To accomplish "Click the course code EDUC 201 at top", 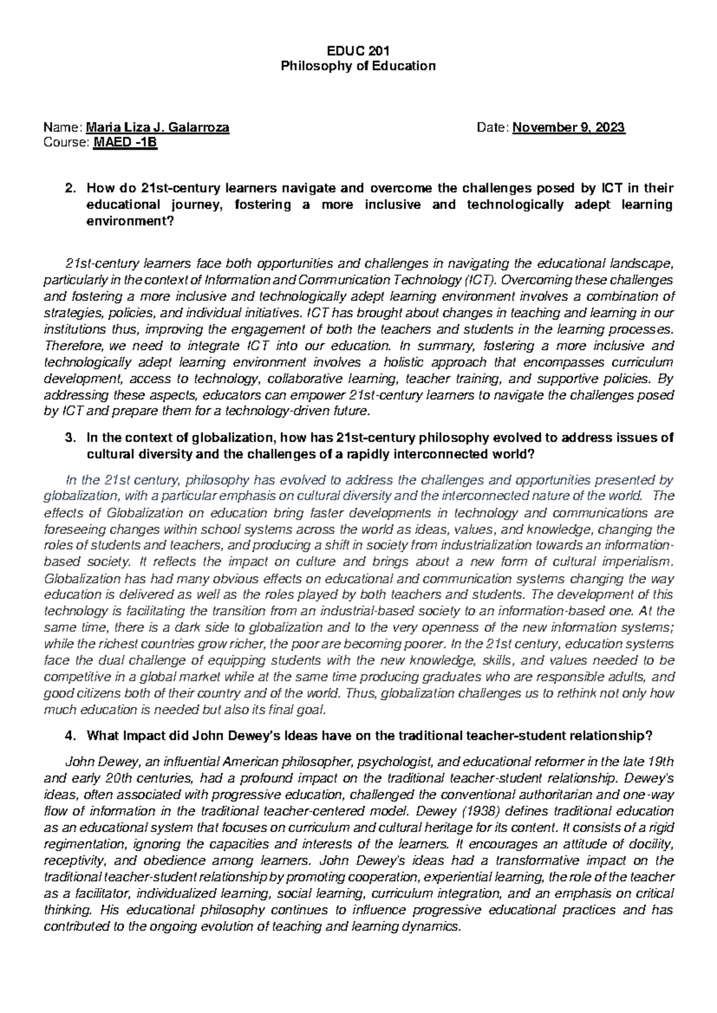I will point(358,50).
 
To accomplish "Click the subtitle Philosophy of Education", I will point(358,66).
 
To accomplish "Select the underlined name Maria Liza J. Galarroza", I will point(158,127).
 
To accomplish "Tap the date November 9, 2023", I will point(569,127).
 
